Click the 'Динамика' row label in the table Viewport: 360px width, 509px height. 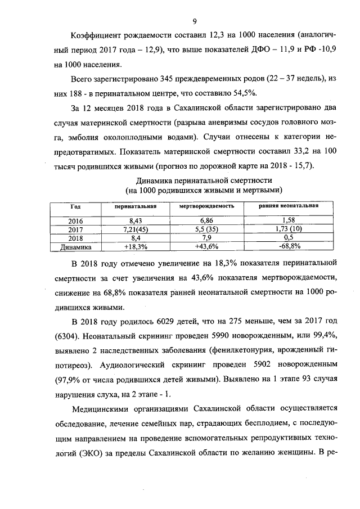(x=75, y=246)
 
